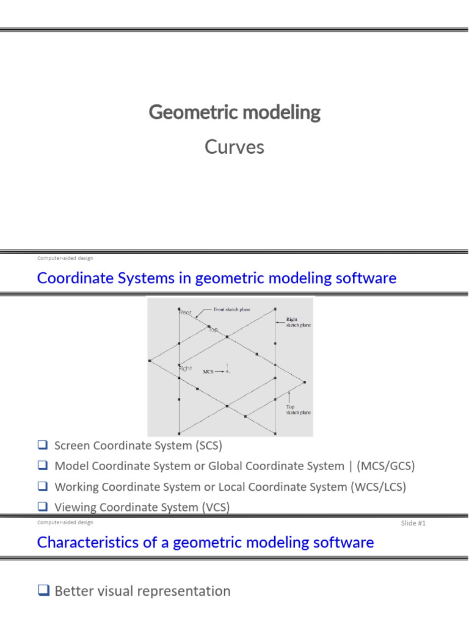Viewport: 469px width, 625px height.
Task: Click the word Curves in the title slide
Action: coord(234,147)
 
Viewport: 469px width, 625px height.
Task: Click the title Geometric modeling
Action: coord(234,113)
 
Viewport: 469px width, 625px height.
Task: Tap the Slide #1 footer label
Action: coord(413,524)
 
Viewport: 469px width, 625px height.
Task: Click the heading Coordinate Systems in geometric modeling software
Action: coord(217,278)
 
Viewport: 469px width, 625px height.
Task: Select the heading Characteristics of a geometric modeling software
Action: coord(205,542)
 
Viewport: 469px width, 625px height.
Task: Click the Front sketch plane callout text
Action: coord(231,310)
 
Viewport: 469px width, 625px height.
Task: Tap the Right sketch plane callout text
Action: coord(299,322)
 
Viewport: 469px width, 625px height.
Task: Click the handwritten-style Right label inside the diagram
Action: coord(185,369)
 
